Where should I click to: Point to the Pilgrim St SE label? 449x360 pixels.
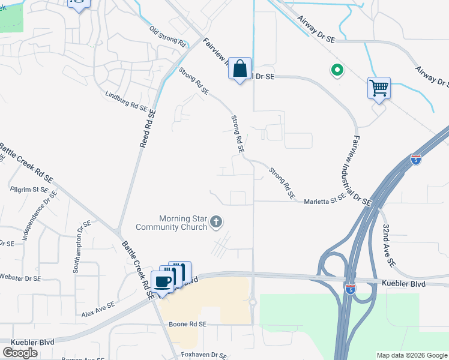click(29, 189)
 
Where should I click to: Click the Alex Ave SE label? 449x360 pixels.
click(98, 310)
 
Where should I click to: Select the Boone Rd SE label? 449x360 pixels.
click(187, 324)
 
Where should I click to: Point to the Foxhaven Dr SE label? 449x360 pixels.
click(205, 355)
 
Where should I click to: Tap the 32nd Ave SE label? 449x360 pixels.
click(388, 245)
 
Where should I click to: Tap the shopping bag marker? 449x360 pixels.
click(240, 69)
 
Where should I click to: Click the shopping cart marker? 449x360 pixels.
click(379, 89)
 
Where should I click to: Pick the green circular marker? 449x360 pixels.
click(337, 71)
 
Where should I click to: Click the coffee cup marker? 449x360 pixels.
click(163, 281)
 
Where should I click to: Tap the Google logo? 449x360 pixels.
click(20, 353)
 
